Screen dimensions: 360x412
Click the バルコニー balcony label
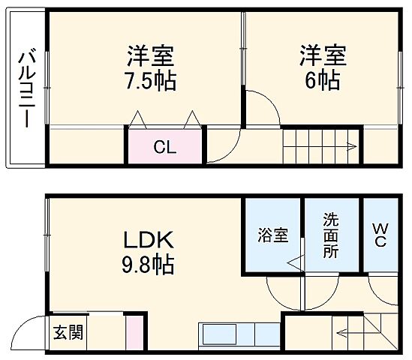coord(25,88)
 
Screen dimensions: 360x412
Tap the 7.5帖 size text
coord(150,80)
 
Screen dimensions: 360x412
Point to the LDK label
coord(149,241)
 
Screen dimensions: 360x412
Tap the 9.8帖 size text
coord(149,265)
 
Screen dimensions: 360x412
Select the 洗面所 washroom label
coord(331,235)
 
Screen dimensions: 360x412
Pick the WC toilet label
coord(380,235)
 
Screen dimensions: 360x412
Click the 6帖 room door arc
coord(263,109)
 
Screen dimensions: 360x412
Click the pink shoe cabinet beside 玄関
coord(134,331)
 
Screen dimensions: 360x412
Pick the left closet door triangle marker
coord(137,119)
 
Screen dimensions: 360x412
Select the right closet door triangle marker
coord(191,119)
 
